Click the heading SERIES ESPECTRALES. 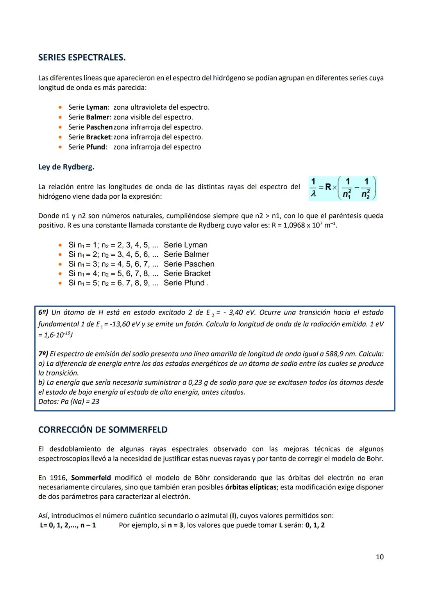tap(82, 58)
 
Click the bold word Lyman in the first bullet tap(97, 107)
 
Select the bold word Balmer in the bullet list tap(98, 117)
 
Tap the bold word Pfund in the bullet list tap(96, 147)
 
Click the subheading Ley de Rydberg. tap(66, 167)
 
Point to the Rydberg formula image tap(343, 188)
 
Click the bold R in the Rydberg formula tap(328, 187)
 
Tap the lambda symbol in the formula tap(313, 193)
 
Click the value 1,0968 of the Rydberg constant tap(290, 226)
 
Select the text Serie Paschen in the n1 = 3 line tap(189, 264)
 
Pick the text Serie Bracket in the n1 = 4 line tap(187, 274)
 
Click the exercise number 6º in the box tap(43, 312)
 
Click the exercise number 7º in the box tap(43, 354)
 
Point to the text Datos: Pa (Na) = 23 tap(69, 402)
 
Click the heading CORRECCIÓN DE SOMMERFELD tap(103, 430)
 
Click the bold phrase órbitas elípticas tap(250, 487)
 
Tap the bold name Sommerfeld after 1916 tap(91, 478)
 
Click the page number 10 tap(379, 557)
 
